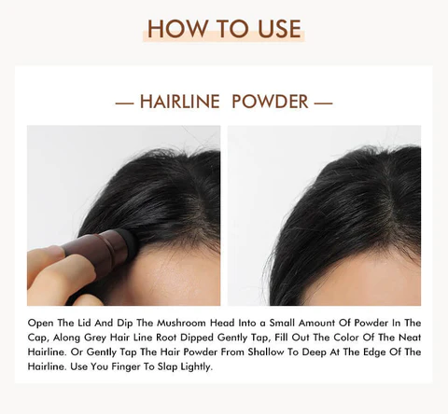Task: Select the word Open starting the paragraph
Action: click(x=40, y=323)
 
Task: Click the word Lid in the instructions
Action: click(x=84, y=323)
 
